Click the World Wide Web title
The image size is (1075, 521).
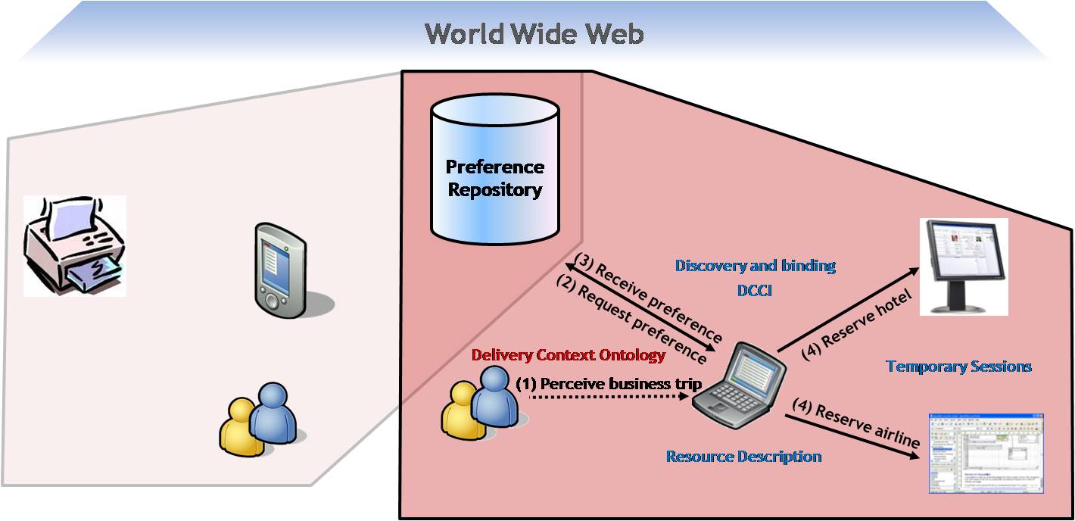point(534,33)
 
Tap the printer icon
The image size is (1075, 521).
point(73,246)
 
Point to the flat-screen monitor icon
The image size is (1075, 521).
point(962,265)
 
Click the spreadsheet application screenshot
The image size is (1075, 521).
point(986,454)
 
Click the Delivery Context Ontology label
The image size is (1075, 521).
point(568,354)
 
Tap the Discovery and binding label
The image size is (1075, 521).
point(755,266)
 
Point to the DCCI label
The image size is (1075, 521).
point(754,289)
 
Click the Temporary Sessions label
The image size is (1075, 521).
point(958,367)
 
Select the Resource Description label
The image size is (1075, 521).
point(743,457)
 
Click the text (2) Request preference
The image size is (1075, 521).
point(631,318)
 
